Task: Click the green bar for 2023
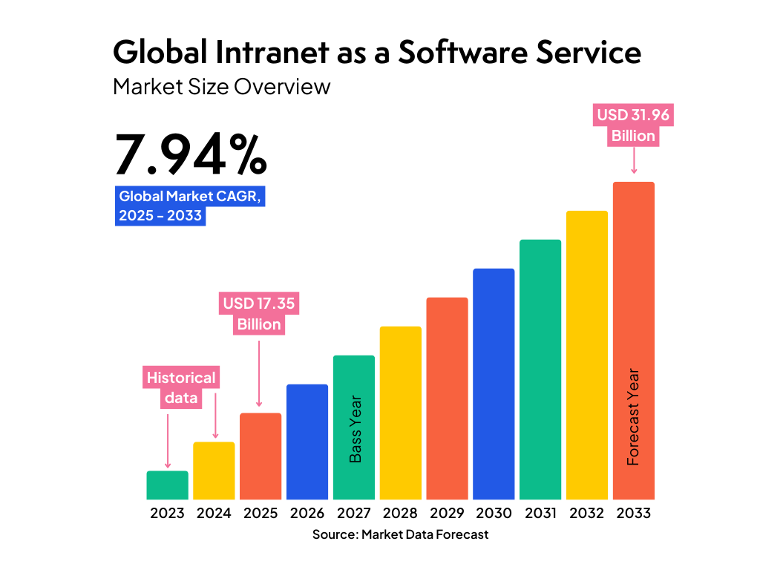167,485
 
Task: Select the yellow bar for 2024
214,471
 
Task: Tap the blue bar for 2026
307,442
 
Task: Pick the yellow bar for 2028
400,413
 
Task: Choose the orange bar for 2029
447,398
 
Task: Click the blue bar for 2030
494,384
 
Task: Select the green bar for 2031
540,369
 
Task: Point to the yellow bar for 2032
587,355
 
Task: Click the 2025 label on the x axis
261,514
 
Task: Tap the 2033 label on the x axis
633,514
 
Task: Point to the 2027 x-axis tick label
354,514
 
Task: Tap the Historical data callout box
181,387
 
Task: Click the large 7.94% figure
190,155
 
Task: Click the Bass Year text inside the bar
356,429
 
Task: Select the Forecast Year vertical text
633,417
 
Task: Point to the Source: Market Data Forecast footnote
400,534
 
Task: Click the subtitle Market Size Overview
221,87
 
